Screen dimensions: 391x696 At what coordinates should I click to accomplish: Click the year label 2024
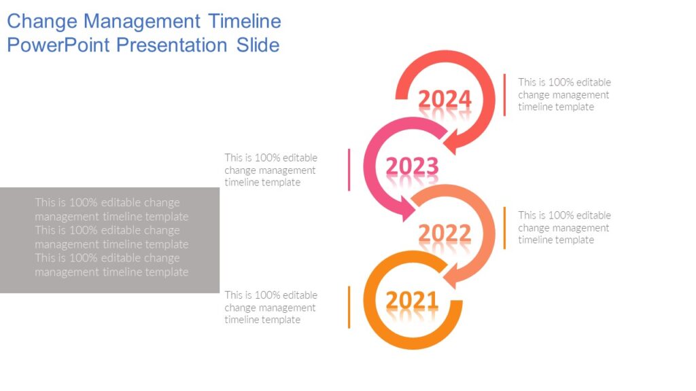point(445,100)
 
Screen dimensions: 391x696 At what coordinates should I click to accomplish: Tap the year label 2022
point(445,234)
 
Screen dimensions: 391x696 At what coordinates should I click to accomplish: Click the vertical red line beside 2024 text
point(504,95)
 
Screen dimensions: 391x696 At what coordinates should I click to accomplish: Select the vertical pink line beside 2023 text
point(349,170)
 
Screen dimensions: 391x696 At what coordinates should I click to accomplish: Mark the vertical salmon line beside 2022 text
point(504,228)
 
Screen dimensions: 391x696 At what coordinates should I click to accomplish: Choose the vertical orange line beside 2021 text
point(349,307)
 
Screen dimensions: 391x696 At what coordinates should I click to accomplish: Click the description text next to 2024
point(564,95)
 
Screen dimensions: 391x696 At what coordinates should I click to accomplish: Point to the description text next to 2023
point(271,170)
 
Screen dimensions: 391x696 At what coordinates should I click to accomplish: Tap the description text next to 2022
point(564,228)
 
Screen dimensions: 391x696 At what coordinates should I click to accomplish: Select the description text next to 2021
point(271,308)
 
